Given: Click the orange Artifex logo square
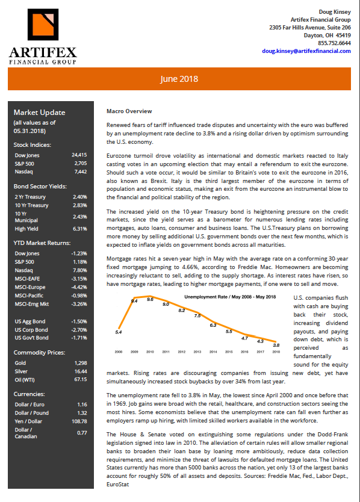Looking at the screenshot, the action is (x=43, y=24).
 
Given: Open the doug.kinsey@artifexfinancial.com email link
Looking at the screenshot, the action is (x=306, y=51).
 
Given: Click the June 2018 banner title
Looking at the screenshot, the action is (x=179, y=79).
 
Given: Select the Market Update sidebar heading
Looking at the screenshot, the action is (x=39, y=113).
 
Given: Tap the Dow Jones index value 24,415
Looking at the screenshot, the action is (x=79, y=155).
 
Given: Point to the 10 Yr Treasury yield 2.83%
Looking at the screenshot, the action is (x=79, y=205).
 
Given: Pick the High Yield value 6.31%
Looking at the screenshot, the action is (x=79, y=229).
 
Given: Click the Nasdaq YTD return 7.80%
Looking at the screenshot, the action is (x=79, y=270).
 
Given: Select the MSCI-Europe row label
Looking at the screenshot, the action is (x=30, y=287).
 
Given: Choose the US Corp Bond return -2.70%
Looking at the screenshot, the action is (x=79, y=330).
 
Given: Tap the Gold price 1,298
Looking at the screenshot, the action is (x=81, y=363).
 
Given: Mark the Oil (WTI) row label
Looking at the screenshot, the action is (x=25, y=380).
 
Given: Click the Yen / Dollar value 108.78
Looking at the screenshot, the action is (x=79, y=421).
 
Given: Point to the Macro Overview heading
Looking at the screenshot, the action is (x=129, y=111).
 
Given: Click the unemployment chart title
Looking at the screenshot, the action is (x=230, y=297).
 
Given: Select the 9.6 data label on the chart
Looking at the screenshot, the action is (x=151, y=300).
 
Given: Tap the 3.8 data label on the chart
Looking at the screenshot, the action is (x=276, y=345).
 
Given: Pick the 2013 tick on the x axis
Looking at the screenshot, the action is (x=197, y=352).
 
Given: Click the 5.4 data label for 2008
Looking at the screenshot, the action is (x=119, y=332).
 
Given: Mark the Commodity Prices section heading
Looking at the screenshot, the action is (x=39, y=353).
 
